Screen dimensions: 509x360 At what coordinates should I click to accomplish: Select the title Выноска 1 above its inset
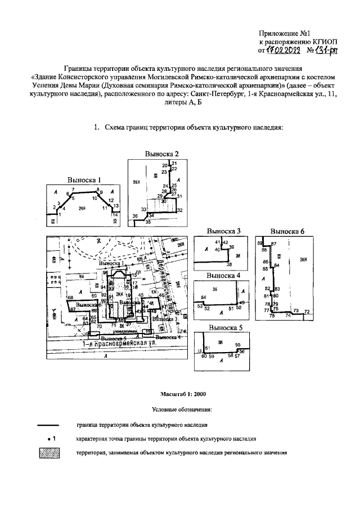click(84, 181)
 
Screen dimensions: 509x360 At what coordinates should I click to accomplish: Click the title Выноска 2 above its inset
click(161, 154)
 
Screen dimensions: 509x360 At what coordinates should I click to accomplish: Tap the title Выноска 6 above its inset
click(287, 231)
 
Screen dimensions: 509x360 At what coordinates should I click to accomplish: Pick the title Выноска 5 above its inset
click(224, 327)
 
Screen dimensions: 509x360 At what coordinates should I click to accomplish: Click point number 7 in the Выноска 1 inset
click(73, 190)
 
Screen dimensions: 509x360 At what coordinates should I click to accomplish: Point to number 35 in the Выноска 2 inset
click(148, 223)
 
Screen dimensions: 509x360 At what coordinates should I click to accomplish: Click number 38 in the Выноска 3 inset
click(229, 264)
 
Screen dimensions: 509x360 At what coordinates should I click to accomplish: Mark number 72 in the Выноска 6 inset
click(307, 311)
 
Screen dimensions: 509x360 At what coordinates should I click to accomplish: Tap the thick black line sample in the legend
click(52, 425)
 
